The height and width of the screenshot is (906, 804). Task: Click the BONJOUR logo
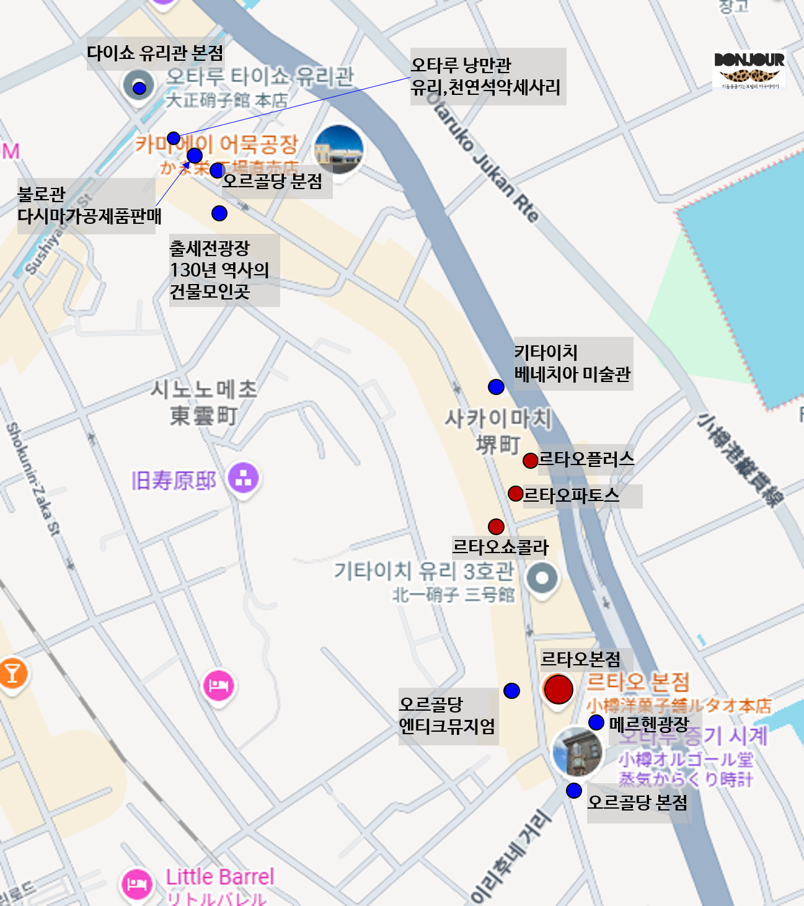coord(749,69)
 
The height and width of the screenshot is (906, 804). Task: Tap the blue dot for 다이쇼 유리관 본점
coord(139,87)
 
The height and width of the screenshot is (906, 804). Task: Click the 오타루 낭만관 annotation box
coord(487,76)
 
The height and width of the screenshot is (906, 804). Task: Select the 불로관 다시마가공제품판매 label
coord(86,205)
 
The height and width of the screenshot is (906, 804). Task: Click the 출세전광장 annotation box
coord(224,270)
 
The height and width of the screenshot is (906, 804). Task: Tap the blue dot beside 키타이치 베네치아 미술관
coord(496,387)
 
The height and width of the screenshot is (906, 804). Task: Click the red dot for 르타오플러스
coord(530,460)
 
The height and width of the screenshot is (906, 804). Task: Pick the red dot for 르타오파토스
coord(515,494)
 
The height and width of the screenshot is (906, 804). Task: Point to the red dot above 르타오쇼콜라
coord(496,526)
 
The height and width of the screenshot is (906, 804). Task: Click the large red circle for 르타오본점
coord(559,689)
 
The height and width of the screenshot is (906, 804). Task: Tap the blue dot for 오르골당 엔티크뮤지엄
coord(511,691)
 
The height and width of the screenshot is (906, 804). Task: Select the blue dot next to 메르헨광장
coord(596,722)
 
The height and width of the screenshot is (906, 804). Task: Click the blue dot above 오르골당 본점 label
coord(574,791)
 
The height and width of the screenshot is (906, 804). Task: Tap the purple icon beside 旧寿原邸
coord(243,477)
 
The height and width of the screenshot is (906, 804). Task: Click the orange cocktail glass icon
coord(12,672)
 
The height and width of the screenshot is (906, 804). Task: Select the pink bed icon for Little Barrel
coord(137,884)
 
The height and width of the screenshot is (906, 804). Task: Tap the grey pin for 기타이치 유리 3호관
coord(542,579)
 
